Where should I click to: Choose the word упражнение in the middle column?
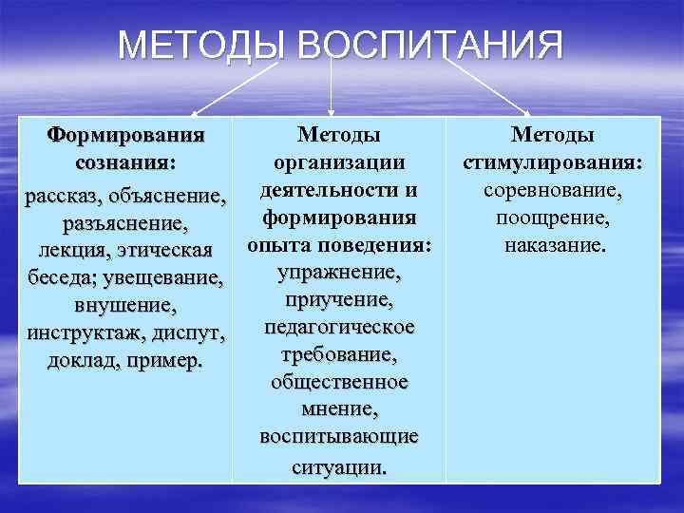(x=339, y=273)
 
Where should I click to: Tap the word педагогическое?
(x=339, y=327)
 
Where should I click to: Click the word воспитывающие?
(x=339, y=436)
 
